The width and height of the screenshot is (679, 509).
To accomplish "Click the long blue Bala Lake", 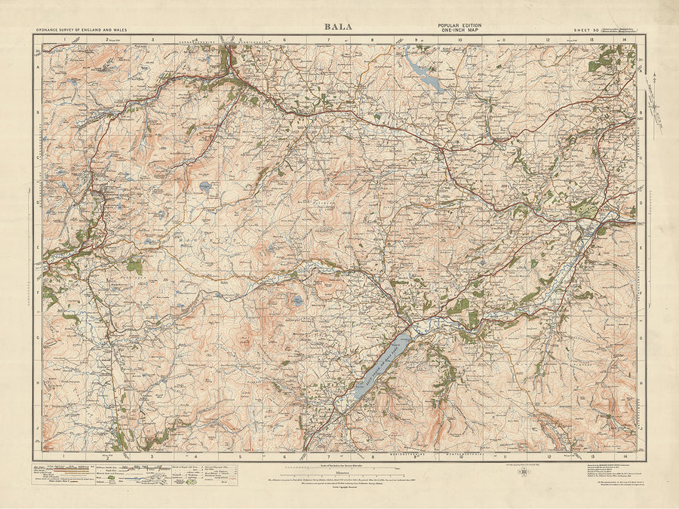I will [x=382, y=368].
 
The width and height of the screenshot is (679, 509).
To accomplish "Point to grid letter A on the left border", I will [x=37, y=66].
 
